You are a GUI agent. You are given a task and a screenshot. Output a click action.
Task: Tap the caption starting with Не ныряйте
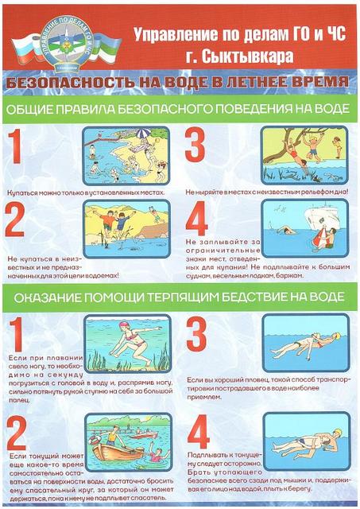point(266,192)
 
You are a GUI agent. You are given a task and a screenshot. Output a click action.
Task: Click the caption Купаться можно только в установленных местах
point(86,192)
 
